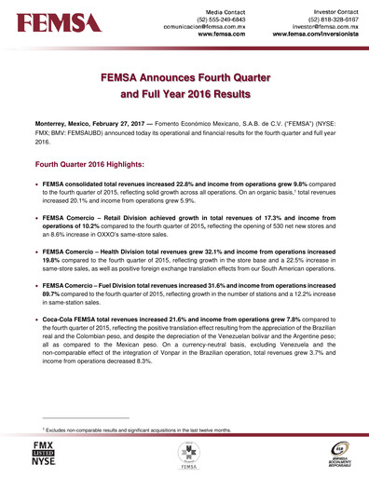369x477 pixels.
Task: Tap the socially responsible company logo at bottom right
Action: (341, 454)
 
